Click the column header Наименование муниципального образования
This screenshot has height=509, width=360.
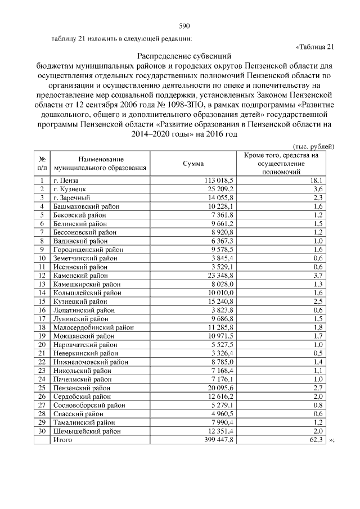click(101, 163)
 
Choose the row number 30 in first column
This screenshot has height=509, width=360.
click(41, 431)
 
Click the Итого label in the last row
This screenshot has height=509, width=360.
click(64, 440)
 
